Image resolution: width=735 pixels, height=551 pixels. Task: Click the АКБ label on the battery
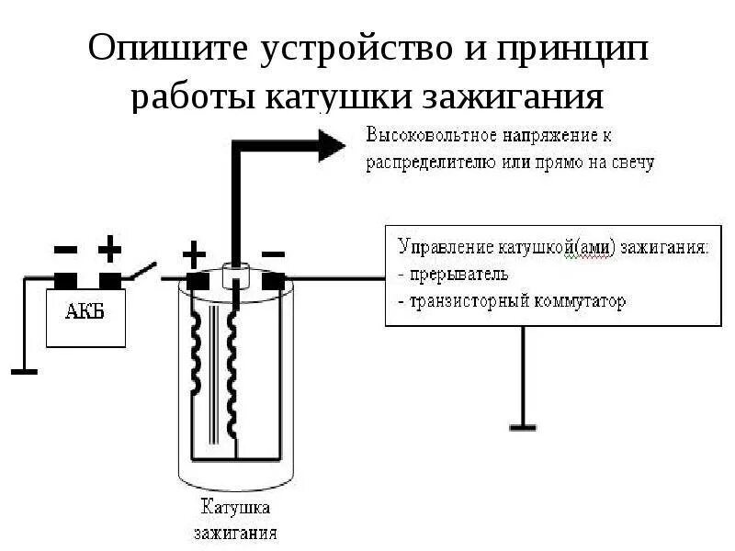[84, 311]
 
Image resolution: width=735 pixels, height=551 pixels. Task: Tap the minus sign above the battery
[66, 248]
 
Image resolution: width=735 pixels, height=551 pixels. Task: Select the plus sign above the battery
[109, 248]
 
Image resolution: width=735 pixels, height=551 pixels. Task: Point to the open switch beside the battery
[142, 269]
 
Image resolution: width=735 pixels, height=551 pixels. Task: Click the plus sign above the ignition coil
[196, 252]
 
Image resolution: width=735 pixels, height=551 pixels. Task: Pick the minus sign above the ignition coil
[273, 252]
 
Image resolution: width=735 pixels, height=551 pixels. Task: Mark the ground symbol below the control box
[524, 426]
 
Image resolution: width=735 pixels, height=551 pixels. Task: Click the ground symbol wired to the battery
[23, 370]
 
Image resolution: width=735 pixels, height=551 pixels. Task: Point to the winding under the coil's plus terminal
[197, 358]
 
